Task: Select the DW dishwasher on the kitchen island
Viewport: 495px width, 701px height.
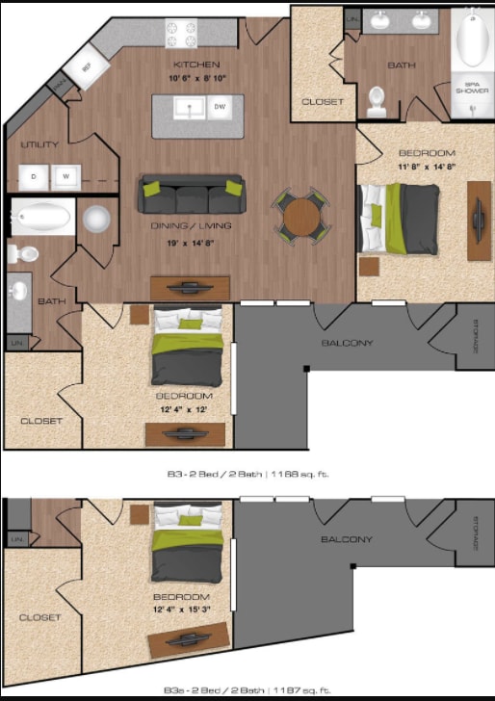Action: coord(221,107)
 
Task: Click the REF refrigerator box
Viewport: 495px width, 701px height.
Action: coord(87,68)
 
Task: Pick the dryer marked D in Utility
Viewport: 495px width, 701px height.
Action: coord(34,176)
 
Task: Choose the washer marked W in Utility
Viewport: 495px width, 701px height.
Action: coord(65,176)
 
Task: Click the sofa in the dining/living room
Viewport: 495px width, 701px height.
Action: coord(191,195)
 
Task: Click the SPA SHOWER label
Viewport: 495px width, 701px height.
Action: coord(473,90)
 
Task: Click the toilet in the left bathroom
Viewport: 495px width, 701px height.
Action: coord(23,254)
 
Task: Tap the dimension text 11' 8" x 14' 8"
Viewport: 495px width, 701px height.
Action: coord(426,167)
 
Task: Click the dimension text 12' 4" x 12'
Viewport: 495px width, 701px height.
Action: coord(183,409)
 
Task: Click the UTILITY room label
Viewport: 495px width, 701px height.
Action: coord(39,144)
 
